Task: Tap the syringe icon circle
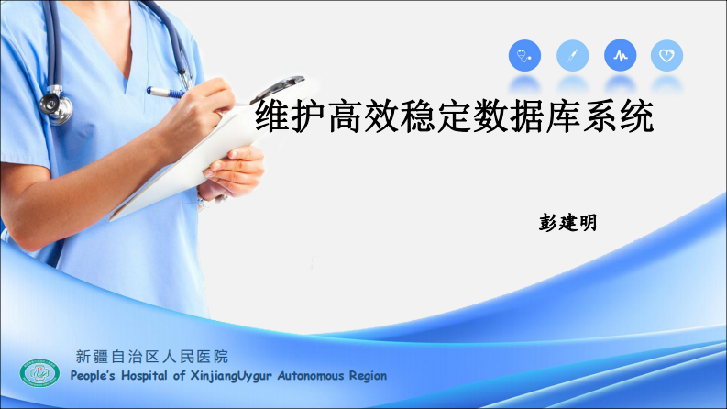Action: [x=573, y=56]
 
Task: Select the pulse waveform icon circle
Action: [x=621, y=56]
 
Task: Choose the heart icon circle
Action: [x=667, y=56]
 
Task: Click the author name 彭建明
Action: [x=568, y=223]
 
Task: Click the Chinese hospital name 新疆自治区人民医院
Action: [x=151, y=357]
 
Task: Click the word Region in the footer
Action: [x=369, y=376]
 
